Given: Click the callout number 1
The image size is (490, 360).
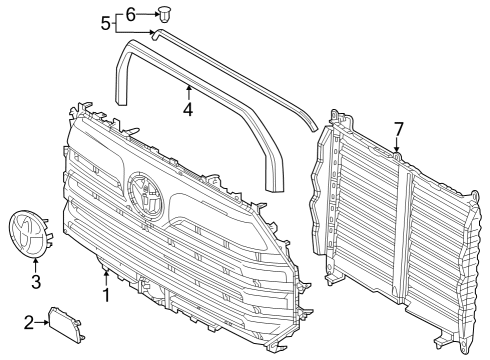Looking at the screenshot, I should tap(106, 297).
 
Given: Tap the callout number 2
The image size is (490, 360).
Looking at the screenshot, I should tap(28, 322).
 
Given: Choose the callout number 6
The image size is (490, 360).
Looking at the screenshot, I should tap(130, 14).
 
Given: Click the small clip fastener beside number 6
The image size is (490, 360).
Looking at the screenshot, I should tap(166, 14).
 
